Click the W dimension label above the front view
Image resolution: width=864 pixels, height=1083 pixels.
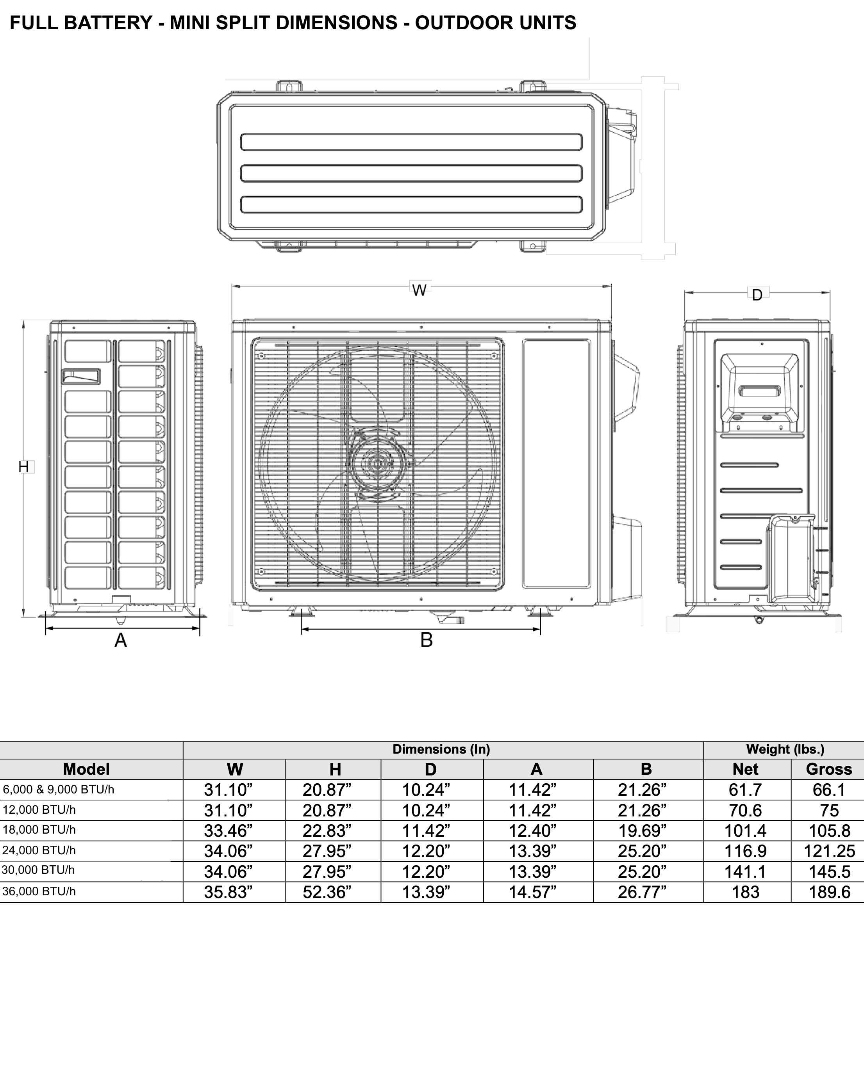point(419,290)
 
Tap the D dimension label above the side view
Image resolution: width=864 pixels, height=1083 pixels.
point(757,295)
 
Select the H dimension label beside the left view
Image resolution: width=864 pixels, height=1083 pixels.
point(23,467)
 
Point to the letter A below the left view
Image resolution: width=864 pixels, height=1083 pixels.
point(121,640)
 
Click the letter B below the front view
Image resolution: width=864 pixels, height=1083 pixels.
point(426,640)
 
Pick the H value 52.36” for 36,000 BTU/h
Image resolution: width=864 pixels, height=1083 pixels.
point(327,892)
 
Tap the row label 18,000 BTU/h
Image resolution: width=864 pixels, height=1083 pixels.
point(39,830)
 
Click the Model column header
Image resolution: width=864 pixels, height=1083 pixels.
point(86,769)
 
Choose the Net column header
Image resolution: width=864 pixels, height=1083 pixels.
point(745,769)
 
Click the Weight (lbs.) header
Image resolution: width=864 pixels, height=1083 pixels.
point(785,749)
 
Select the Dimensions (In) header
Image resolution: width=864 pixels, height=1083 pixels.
point(441,749)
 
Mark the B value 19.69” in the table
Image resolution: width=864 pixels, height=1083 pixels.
point(642,831)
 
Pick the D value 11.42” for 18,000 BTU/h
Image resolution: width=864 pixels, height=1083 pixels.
point(426,831)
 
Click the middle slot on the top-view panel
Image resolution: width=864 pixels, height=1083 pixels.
point(411,173)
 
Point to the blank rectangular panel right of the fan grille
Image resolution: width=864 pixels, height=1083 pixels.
point(556,464)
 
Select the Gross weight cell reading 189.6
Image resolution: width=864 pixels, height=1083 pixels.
point(829,892)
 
